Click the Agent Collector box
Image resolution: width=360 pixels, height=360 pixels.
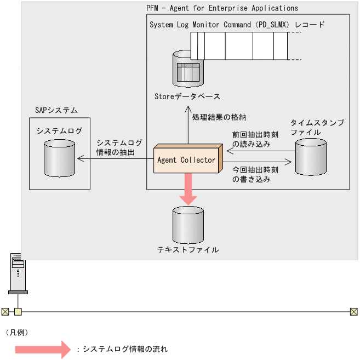coord(186,160)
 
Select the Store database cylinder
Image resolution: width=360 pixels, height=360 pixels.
coord(187,70)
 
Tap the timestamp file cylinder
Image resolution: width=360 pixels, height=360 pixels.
coord(311,157)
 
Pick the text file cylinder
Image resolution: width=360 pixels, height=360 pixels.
coord(187,225)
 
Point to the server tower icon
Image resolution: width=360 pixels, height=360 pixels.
coord(18,273)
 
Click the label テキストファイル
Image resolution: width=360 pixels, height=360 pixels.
coord(188,250)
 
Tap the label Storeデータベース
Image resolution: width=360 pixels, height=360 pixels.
coord(187,96)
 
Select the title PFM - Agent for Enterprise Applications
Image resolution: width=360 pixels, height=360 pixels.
coord(222,8)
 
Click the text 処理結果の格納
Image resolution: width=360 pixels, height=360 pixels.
coord(219,117)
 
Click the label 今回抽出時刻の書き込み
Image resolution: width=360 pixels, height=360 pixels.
coord(255,174)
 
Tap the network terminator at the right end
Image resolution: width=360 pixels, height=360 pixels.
coord(353,312)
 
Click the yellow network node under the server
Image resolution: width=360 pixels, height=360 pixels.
coord(18,312)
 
